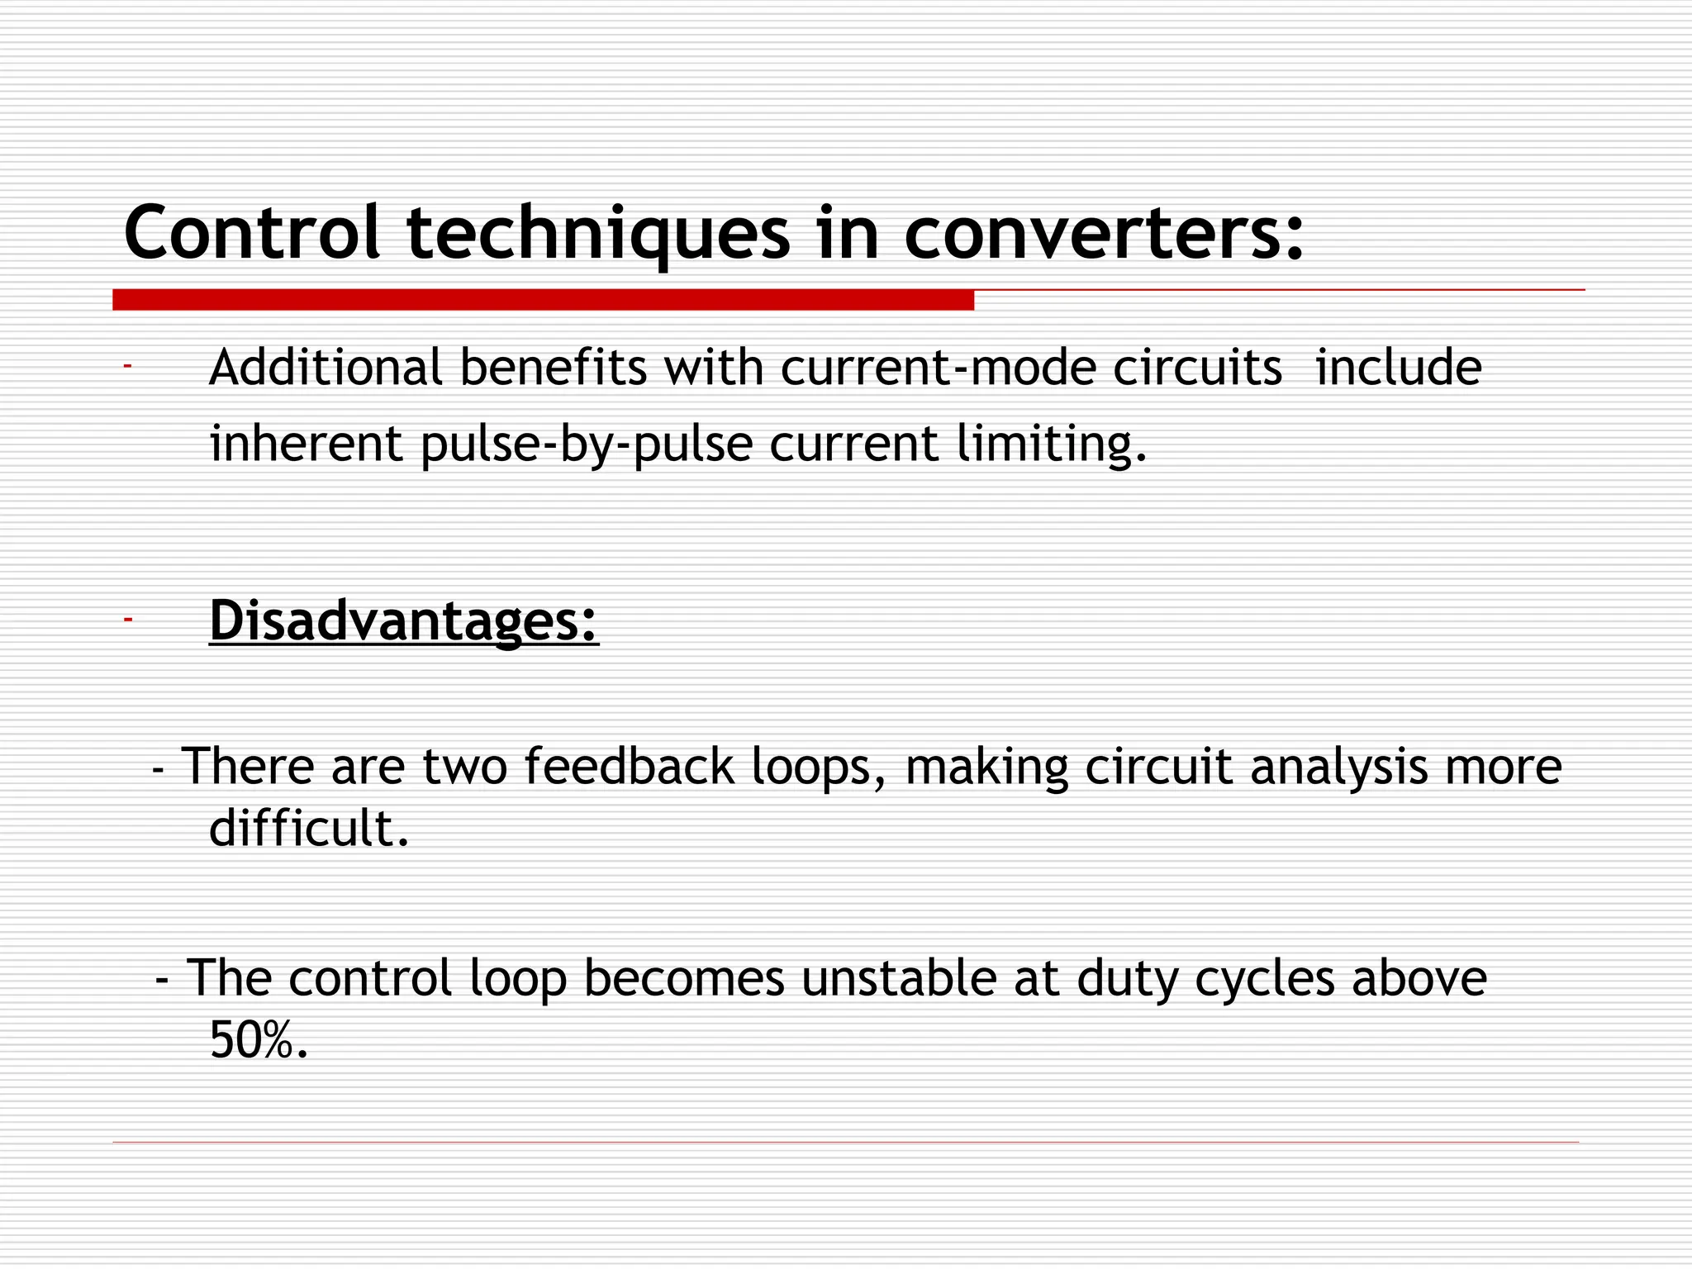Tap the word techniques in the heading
point(598,234)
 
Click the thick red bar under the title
point(543,300)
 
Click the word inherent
point(306,444)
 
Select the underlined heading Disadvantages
point(404,620)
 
